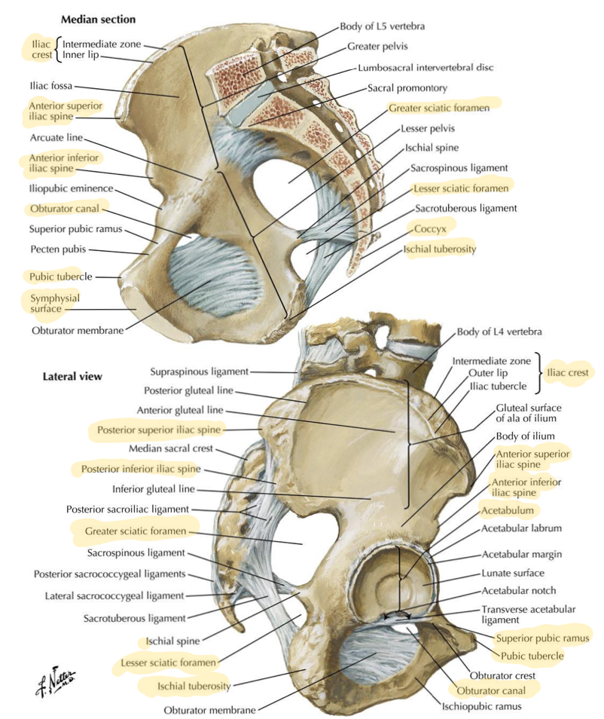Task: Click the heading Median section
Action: pos(98,20)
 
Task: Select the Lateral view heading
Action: pos(72,377)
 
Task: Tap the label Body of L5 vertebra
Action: pos(382,26)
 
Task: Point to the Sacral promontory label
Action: pos(407,87)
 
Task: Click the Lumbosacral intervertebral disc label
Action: pos(426,67)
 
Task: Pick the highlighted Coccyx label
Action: pos(430,228)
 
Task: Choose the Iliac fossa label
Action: pos(51,85)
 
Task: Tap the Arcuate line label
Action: pos(56,137)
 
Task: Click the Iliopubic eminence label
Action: pos(71,188)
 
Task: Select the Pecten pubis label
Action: pos(58,249)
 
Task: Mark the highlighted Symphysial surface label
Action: pos(54,303)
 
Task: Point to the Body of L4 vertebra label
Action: pos(499,331)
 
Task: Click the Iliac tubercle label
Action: pos(498,386)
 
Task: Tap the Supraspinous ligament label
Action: pos(200,372)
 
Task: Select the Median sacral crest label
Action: pos(171,448)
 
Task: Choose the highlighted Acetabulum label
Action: pos(508,510)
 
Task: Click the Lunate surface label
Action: pos(513,573)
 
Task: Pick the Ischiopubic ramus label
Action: pos(482,706)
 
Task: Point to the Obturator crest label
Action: pos(502,675)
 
